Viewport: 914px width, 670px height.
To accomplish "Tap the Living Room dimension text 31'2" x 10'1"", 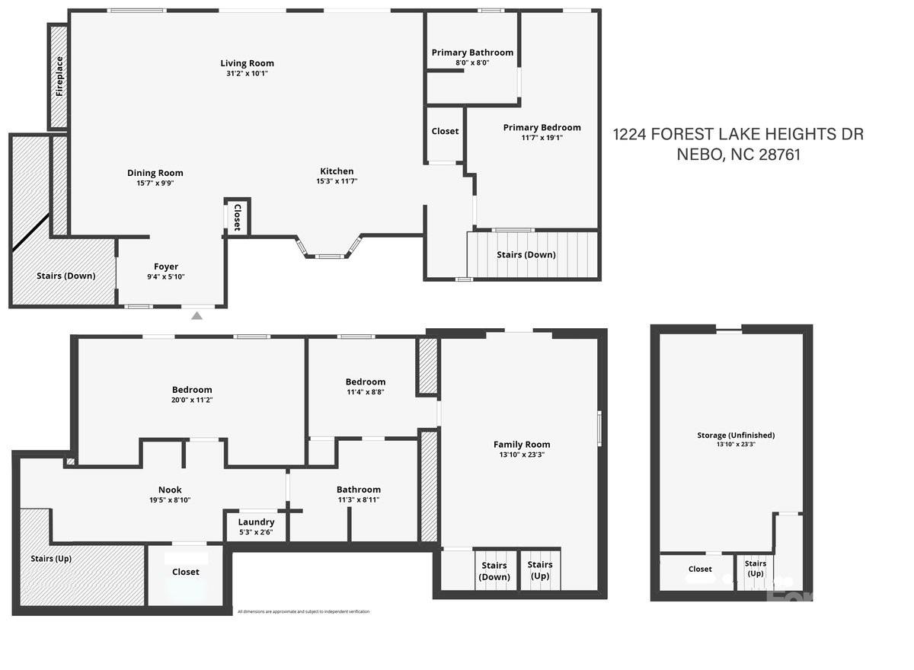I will (x=247, y=73).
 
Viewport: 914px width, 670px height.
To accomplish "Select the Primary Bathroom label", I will (x=472, y=53).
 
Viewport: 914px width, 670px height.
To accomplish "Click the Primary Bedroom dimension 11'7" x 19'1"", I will (x=542, y=138).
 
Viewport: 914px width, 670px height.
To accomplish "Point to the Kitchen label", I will (x=337, y=171).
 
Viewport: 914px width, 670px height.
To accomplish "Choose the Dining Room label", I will (x=155, y=173).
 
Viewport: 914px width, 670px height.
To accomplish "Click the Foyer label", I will (x=166, y=266).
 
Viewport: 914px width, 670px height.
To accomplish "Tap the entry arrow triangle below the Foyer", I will (x=197, y=315).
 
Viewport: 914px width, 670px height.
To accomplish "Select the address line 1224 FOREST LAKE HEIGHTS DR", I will (x=738, y=135).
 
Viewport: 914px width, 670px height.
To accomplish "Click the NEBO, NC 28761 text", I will (x=738, y=155).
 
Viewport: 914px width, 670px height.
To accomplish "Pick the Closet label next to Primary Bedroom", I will (x=445, y=131).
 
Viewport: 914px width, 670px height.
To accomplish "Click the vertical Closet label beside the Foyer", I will (x=237, y=217).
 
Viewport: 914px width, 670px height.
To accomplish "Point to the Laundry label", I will (x=256, y=522).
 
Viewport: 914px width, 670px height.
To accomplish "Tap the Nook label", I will (x=170, y=490).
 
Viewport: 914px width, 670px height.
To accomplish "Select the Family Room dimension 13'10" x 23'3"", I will (x=522, y=455).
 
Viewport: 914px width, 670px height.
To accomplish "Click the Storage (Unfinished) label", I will (x=736, y=435).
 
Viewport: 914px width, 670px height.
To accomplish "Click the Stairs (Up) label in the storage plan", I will (x=756, y=568).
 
